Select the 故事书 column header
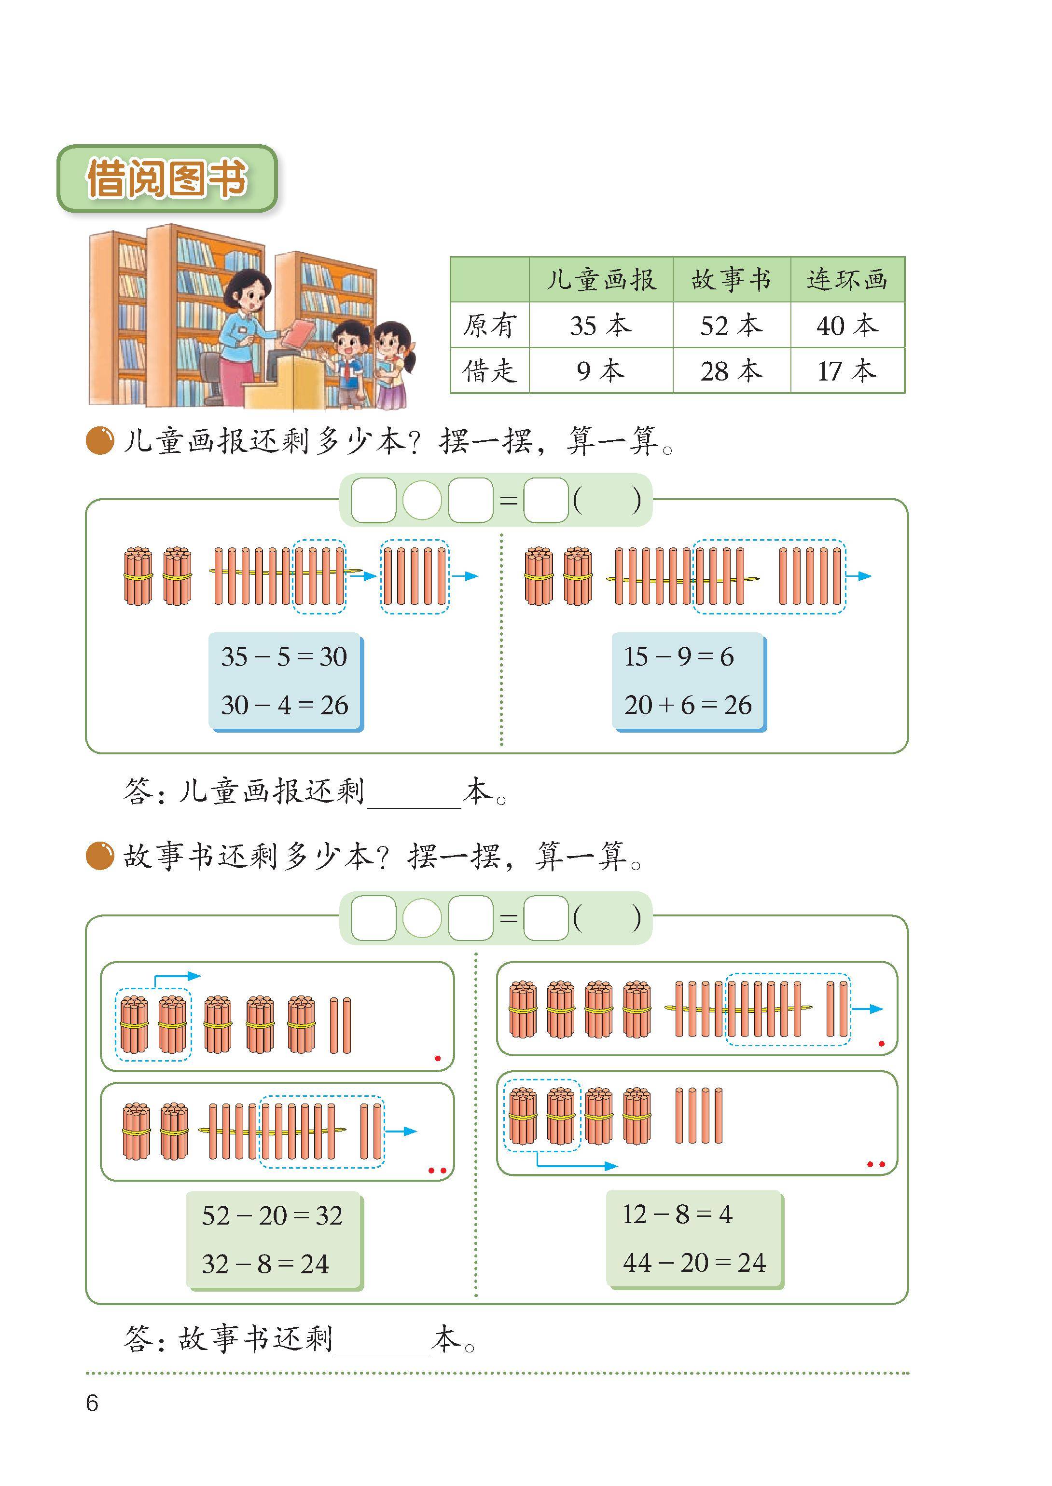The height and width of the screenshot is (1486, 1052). (x=732, y=280)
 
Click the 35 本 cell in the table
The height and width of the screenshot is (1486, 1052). (x=600, y=325)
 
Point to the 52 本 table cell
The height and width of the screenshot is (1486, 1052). (x=732, y=325)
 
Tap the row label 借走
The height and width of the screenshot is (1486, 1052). (x=490, y=371)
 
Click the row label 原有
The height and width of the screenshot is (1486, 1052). (x=490, y=325)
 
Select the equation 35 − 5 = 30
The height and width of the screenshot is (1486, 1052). (x=284, y=656)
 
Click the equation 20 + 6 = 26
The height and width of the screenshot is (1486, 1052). (x=688, y=705)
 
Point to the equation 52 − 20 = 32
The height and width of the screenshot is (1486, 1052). (x=272, y=1215)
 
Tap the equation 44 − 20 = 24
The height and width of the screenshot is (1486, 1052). (x=694, y=1263)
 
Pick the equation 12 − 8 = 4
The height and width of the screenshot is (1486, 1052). (x=678, y=1214)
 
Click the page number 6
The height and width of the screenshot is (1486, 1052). (x=92, y=1403)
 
